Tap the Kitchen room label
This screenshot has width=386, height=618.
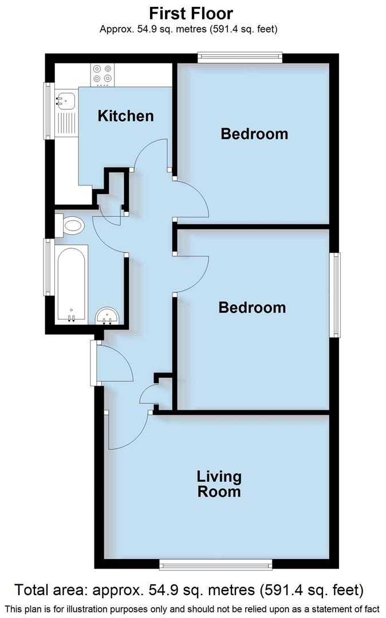pos(125,116)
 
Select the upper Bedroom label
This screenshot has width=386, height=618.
pos(254,134)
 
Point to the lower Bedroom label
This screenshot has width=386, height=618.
pos(252,308)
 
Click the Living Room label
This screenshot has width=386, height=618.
pos(219,484)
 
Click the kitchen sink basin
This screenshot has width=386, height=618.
pos(64,101)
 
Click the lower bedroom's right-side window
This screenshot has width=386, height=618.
pos(334,294)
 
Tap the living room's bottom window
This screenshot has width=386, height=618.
pos(215,565)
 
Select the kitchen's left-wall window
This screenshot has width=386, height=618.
pos(49,112)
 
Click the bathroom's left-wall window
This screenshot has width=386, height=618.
pos(49,267)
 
